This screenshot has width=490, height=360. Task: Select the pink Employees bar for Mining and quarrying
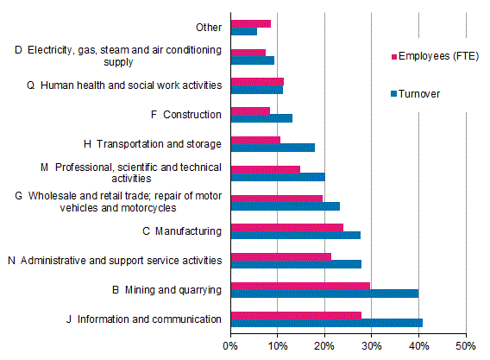point(300,285)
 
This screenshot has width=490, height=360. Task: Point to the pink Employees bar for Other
point(250,22)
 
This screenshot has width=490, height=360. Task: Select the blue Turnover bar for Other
point(243,31)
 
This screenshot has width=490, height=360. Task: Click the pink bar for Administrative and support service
point(280,256)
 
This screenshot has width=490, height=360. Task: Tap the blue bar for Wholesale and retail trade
point(285,206)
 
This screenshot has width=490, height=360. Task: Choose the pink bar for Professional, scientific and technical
point(265,169)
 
